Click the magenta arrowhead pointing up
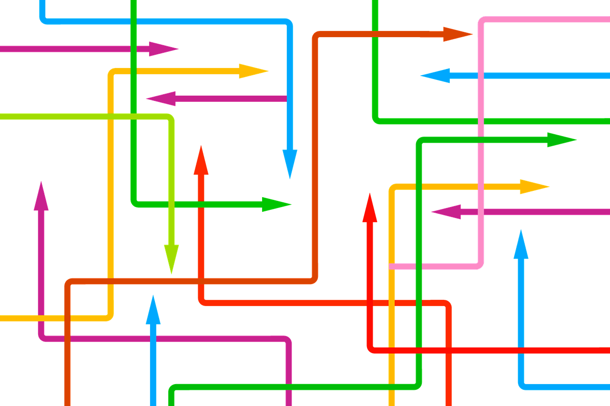(x=41, y=196)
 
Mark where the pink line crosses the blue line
(x=481, y=75)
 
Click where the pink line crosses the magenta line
(x=481, y=211)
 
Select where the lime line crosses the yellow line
(x=111, y=117)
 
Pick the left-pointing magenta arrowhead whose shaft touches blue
(x=162, y=99)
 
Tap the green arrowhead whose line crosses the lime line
(x=276, y=204)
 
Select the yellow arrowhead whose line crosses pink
(x=533, y=187)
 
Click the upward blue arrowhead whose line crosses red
(x=521, y=245)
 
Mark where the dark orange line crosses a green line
(x=375, y=34)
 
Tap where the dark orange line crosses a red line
(x=201, y=281)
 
